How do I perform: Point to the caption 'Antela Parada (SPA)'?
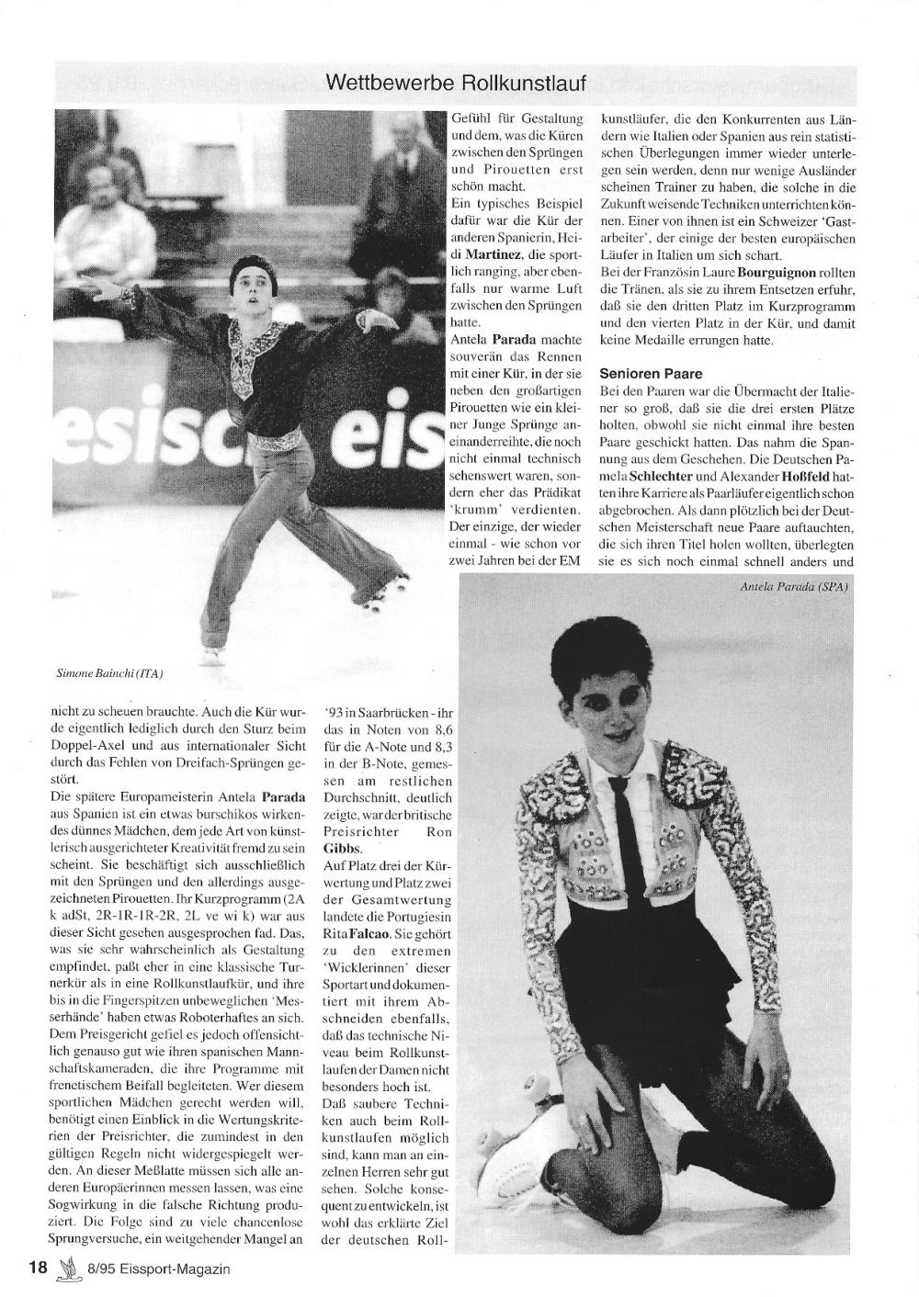pyautogui.click(x=793, y=587)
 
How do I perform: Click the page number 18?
pyautogui.click(x=38, y=1269)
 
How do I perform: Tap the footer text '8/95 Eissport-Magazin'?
pyautogui.click(x=158, y=1269)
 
